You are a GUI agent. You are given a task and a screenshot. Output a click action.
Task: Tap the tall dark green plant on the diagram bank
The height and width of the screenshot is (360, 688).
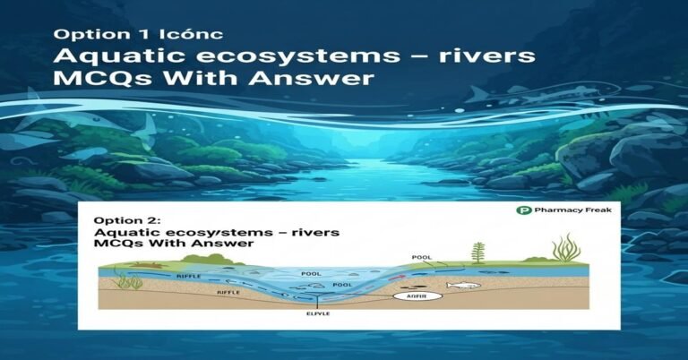(x=478, y=254)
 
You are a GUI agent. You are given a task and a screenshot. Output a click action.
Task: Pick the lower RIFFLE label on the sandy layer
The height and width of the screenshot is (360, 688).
(x=229, y=292)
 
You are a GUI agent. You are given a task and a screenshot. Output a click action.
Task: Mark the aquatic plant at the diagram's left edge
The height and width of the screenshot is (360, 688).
(x=131, y=281)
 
